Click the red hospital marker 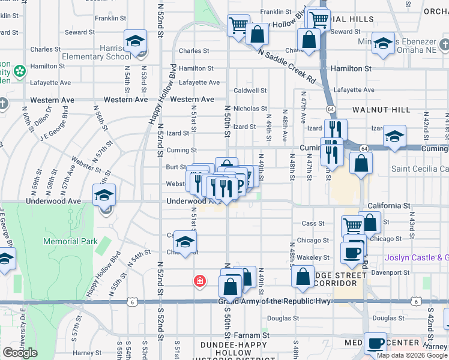[199, 280]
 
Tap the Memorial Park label [70, 241]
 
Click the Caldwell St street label [250, 91]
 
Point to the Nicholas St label [250, 109]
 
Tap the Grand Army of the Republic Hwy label [274, 301]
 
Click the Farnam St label [247, 334]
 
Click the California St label [390, 205]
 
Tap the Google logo [20, 352]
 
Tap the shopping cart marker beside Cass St [352, 226]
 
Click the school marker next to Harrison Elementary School [136, 41]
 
